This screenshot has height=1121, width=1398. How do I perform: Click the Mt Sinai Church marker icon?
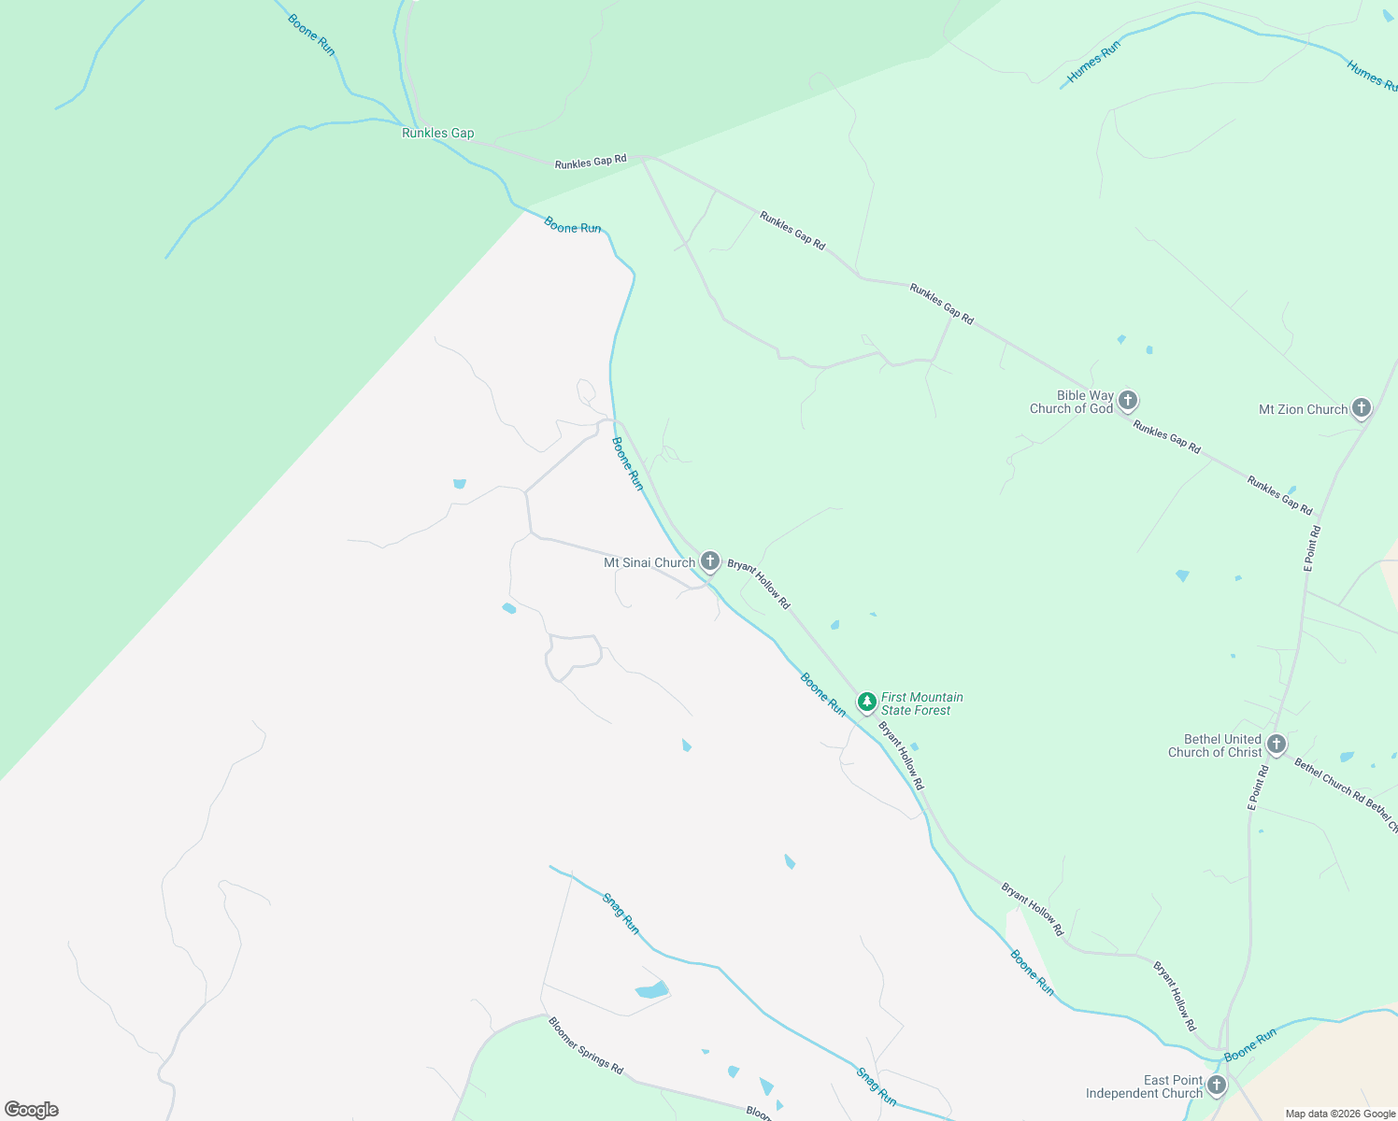pyautogui.click(x=710, y=560)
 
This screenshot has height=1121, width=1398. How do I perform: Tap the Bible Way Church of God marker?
pyautogui.click(x=1128, y=401)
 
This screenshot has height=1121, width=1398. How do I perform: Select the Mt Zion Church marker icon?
pyautogui.click(x=1362, y=407)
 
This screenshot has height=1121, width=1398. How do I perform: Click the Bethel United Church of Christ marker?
pyautogui.click(x=1277, y=745)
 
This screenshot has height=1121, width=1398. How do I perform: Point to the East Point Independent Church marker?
pyautogui.click(x=1216, y=1085)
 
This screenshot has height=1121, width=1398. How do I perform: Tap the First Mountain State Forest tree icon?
pyautogui.click(x=867, y=701)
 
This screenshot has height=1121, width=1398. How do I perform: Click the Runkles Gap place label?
pyautogui.click(x=437, y=133)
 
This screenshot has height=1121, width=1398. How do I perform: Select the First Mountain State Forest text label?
pyautogui.click(x=921, y=703)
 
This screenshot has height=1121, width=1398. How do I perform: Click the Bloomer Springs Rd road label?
pyautogui.click(x=586, y=1044)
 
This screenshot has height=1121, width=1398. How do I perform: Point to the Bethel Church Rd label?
pyautogui.click(x=1329, y=778)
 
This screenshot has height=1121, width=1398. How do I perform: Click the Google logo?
pyautogui.click(x=31, y=1110)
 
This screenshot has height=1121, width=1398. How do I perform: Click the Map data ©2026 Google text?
pyautogui.click(x=1340, y=1114)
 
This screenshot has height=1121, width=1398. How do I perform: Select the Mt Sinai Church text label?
pyautogui.click(x=649, y=562)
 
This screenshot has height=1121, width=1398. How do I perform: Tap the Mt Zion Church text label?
pyautogui.click(x=1303, y=409)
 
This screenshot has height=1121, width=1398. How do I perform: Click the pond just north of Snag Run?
pyautogui.click(x=652, y=989)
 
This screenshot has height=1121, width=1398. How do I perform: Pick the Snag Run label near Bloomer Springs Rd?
pyautogui.click(x=876, y=1086)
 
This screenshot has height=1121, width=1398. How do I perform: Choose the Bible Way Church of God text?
pyautogui.click(x=1072, y=402)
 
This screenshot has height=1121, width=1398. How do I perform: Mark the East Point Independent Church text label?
pyautogui.click(x=1145, y=1086)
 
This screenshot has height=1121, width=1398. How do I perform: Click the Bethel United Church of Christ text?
pyautogui.click(x=1215, y=745)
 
